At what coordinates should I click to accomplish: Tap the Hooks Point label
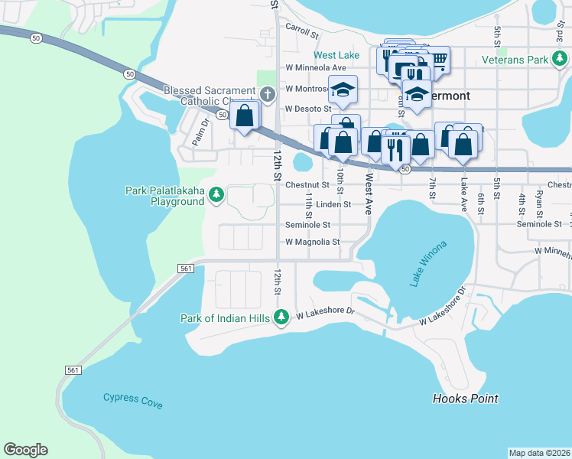pyautogui.click(x=465, y=399)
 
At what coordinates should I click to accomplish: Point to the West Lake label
pyautogui.click(x=336, y=56)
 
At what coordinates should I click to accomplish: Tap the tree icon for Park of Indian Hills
pyautogui.click(x=281, y=317)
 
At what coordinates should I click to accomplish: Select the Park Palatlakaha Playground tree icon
pyautogui.click(x=216, y=195)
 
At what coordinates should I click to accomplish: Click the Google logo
pyautogui.click(x=25, y=450)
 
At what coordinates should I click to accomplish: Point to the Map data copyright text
pyautogui.click(x=540, y=453)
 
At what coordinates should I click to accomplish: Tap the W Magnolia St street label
pyautogui.click(x=312, y=242)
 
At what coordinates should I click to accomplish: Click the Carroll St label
pyautogui.click(x=301, y=30)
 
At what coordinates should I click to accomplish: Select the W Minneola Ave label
pyautogui.click(x=314, y=68)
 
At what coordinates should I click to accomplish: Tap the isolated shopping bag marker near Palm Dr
pyautogui.click(x=245, y=116)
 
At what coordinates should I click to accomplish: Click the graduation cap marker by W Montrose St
pyautogui.click(x=343, y=90)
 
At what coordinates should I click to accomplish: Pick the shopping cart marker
pyautogui.click(x=438, y=58)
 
